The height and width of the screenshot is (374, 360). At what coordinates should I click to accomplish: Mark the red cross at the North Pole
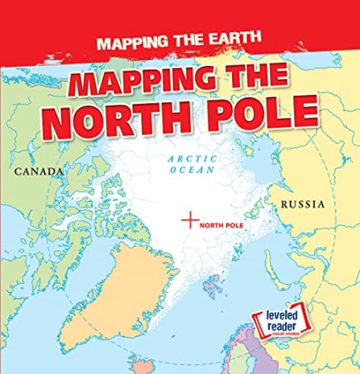pyautogui.click(x=191, y=220)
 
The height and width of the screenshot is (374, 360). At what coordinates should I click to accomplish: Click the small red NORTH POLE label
pyautogui.click(x=222, y=222)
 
